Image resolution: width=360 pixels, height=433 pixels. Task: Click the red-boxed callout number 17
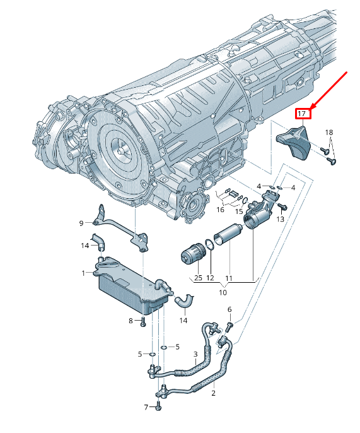point(302,114)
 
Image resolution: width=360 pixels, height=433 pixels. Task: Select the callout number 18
point(329,133)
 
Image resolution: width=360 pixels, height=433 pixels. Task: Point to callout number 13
point(280,219)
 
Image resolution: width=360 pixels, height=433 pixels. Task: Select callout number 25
point(198,278)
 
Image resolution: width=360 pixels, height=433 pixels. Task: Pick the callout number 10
point(223,292)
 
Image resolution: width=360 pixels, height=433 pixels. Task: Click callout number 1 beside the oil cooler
point(83,273)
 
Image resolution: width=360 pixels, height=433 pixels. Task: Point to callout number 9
point(81,223)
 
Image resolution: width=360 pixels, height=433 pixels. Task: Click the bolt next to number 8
point(142,322)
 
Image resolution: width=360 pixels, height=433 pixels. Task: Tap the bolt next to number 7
point(158,406)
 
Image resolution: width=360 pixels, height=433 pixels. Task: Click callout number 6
point(229,309)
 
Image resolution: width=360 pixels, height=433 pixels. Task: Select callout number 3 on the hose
point(195,354)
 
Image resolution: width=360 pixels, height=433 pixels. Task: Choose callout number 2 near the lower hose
point(213,393)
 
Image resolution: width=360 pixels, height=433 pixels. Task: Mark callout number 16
point(220,210)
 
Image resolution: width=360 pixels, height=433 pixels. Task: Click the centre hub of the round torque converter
point(121,150)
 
